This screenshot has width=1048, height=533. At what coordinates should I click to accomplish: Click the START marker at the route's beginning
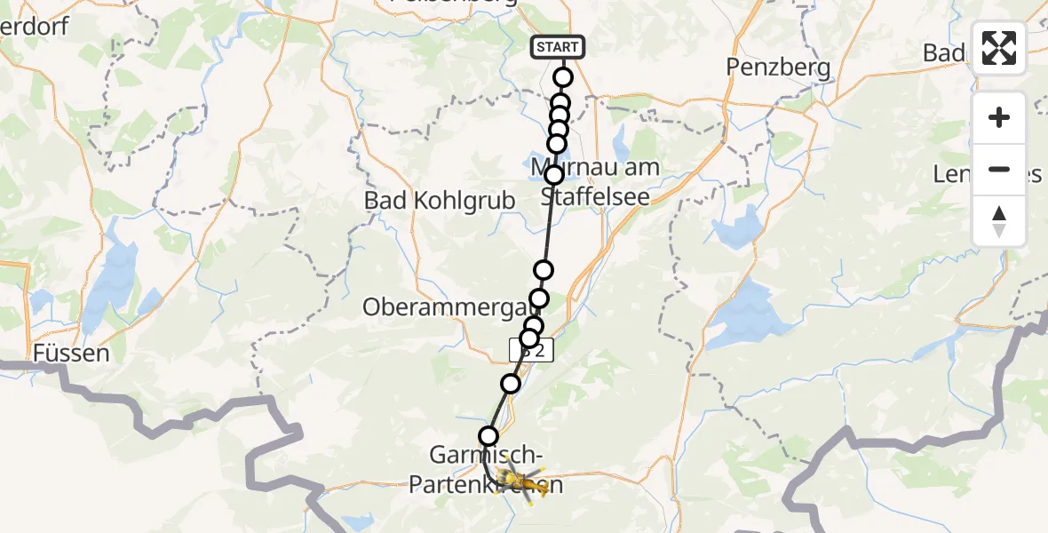pyautogui.click(x=558, y=47)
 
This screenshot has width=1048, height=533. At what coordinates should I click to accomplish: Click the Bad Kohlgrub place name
pyautogui.click(x=440, y=201)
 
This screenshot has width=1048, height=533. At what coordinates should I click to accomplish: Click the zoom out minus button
pyautogui.click(x=999, y=170)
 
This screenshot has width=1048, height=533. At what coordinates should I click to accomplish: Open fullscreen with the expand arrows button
pyautogui.click(x=999, y=48)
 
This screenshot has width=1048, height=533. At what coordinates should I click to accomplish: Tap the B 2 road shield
pyautogui.click(x=532, y=351)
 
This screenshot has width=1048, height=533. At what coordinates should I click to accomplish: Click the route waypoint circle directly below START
pyautogui.click(x=563, y=77)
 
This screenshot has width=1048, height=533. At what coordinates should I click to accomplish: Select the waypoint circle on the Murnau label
pyautogui.click(x=554, y=175)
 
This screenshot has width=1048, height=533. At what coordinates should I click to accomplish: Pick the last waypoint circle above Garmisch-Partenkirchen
pyautogui.click(x=488, y=435)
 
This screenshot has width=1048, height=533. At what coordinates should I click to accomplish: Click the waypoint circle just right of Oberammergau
pyautogui.click(x=539, y=298)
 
